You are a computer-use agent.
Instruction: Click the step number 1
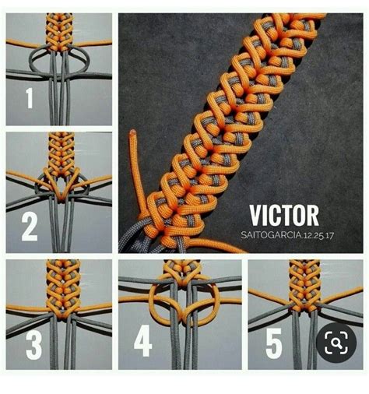pos(30,98)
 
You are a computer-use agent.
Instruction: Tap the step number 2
pos(30,227)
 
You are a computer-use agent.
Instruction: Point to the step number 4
pos(142,340)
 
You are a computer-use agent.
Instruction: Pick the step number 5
pos(274,343)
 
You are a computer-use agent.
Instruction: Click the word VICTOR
pos(284,216)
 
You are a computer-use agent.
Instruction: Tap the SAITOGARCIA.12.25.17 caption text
pos(287,235)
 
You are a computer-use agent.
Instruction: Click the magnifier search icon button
pos(336,343)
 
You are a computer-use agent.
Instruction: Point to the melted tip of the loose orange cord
pos(132,132)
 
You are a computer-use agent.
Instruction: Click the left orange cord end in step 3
pos(26,308)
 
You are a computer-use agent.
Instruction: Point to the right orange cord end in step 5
pos(343,294)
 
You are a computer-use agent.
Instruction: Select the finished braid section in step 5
pos(304,285)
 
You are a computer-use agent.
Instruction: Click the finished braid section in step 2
pos(61,154)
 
